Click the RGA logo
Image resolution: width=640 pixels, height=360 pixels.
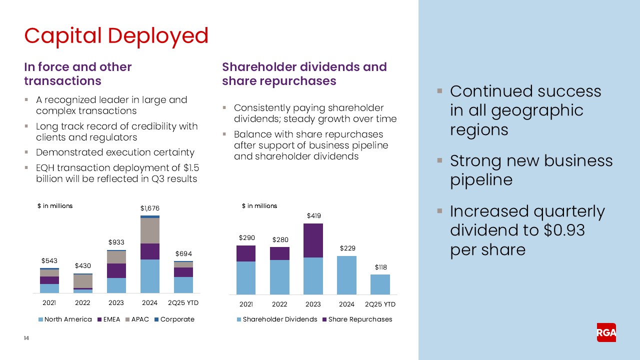pos(606,332)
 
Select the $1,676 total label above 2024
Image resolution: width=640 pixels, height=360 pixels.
pos(149,208)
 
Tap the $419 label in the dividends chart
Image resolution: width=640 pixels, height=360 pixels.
pos(313,216)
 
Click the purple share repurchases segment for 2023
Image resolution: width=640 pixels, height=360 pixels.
pos(313,240)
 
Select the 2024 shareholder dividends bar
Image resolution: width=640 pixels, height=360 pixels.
pos(347,275)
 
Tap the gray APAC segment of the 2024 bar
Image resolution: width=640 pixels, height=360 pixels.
pos(149,230)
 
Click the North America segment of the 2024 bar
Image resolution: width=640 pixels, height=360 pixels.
pos(149,276)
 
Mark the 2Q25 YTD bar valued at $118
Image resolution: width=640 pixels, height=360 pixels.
pos(380,284)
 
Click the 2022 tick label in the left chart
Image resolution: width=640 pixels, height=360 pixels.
pos(83,303)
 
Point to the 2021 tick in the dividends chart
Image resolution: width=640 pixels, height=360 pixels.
pos(246,304)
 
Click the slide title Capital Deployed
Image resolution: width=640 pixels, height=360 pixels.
pos(116,35)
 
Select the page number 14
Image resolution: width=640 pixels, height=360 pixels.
pos(26,338)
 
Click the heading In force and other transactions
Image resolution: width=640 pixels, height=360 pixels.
pos(77,74)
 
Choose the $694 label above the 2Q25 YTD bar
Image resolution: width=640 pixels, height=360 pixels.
pos(183,254)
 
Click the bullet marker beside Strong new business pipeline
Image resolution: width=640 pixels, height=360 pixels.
pos(439,161)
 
